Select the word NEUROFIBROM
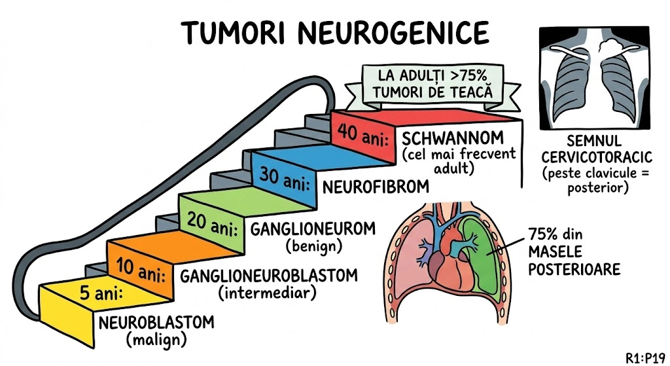pos(376,187)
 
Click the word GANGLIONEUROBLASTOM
pos(269,275)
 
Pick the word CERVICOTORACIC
pos(593,158)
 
